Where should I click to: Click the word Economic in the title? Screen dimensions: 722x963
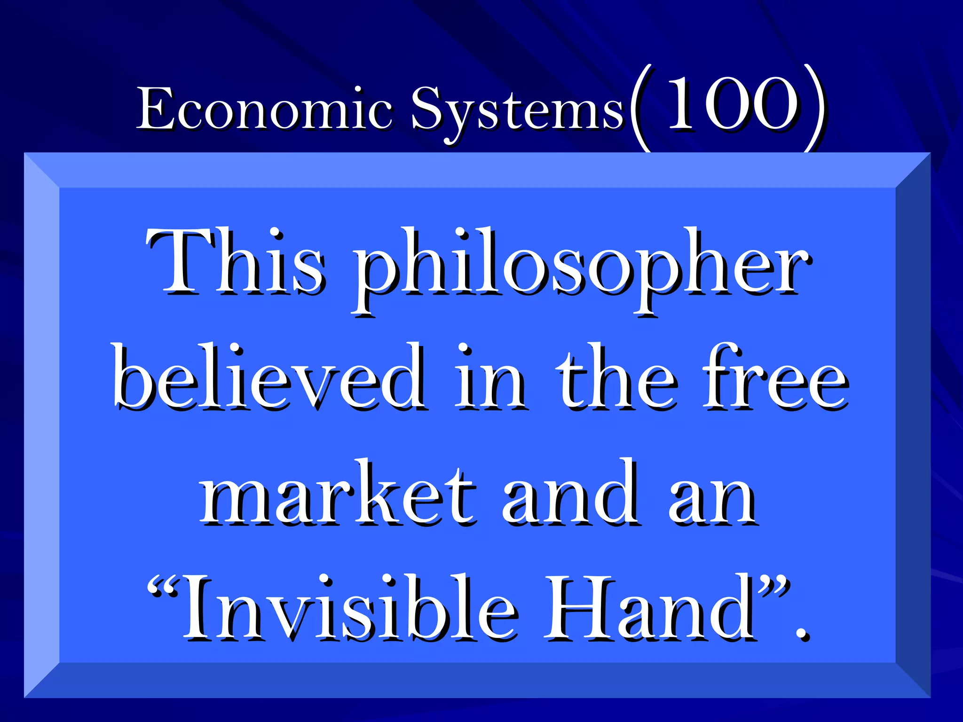point(264,109)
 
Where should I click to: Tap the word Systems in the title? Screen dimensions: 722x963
point(517,111)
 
